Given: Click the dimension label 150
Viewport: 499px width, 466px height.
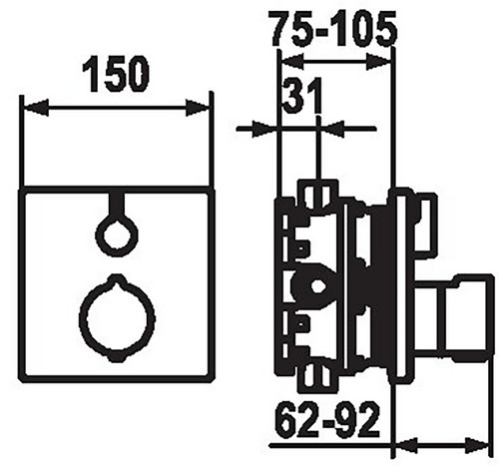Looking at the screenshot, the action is [x=116, y=74].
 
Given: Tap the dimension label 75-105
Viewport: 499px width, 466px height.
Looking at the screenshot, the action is [x=334, y=29].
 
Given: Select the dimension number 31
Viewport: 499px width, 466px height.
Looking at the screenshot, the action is [x=302, y=95].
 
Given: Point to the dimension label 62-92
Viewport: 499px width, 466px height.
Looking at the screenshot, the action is [x=327, y=420].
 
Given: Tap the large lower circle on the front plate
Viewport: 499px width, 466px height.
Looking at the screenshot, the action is [x=117, y=317].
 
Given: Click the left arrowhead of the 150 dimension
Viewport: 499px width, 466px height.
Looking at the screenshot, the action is [x=36, y=108].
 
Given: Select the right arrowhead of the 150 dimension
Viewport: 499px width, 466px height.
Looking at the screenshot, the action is [x=198, y=108].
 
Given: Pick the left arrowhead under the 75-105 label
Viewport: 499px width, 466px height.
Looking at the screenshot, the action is [x=292, y=62].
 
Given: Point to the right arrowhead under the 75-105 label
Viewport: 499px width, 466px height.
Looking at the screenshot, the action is [x=378, y=62].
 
